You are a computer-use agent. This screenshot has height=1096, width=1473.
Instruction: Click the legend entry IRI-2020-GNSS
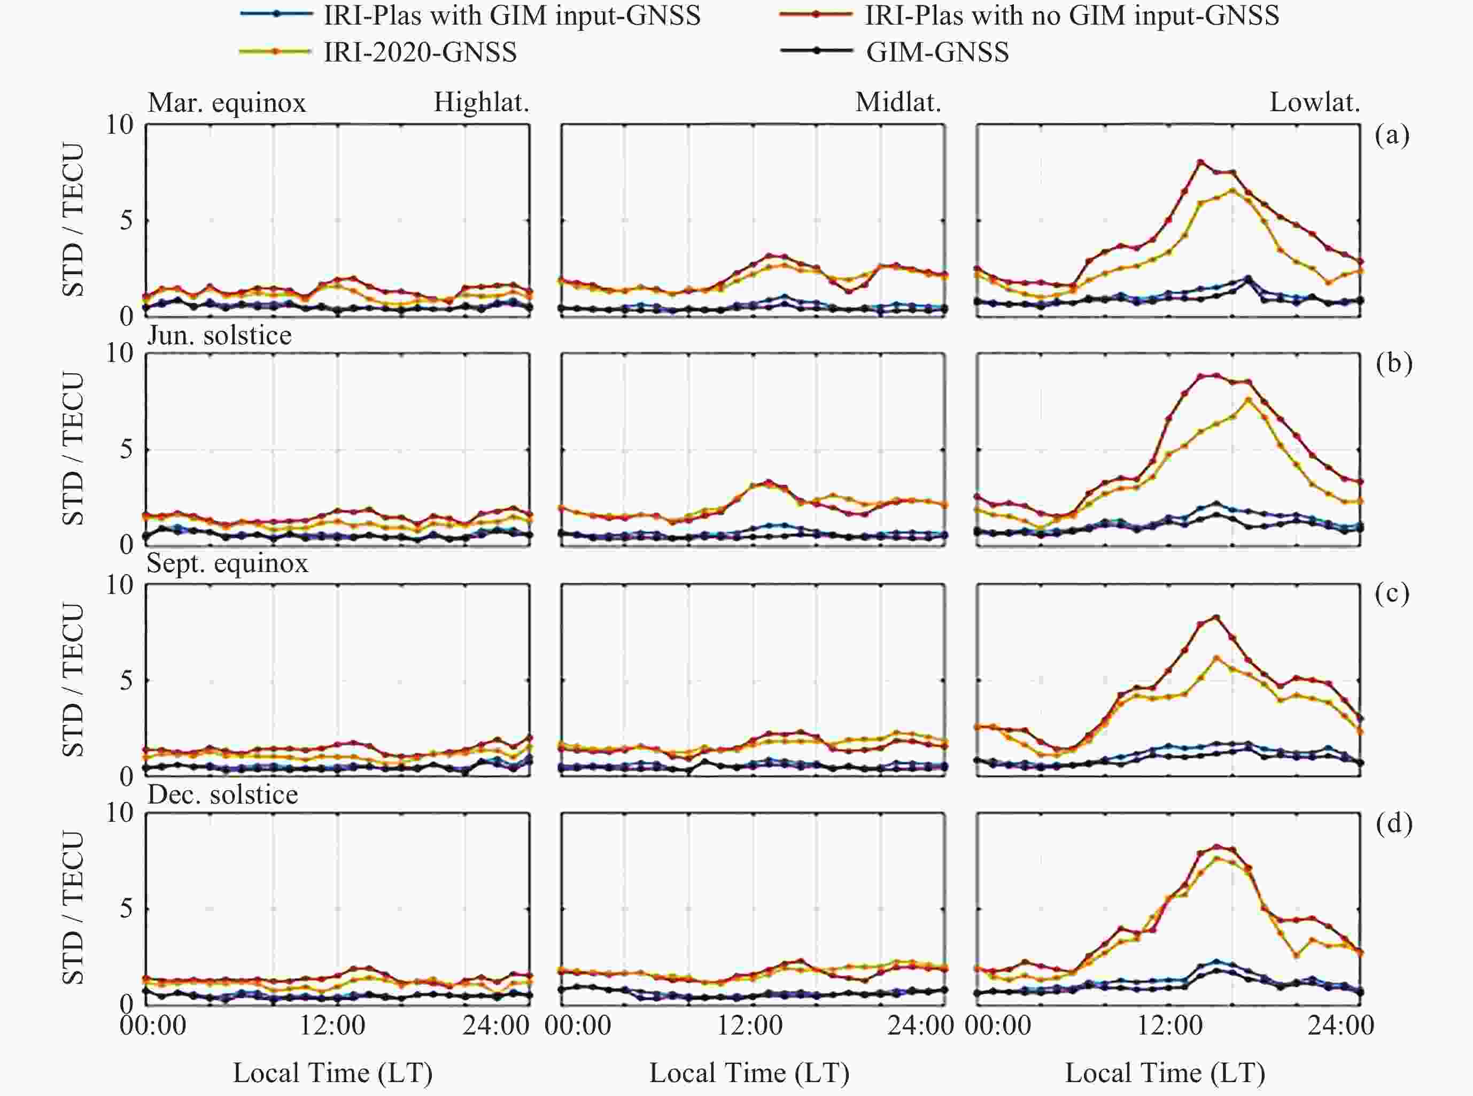420,52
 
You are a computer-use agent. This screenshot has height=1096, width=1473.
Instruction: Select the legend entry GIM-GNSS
937,52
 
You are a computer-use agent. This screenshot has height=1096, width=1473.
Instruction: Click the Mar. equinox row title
227,103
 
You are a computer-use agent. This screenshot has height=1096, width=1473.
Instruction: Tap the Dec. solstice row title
223,794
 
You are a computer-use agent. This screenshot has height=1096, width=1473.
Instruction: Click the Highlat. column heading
482,103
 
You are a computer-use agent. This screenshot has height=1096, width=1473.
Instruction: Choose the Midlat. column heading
898,103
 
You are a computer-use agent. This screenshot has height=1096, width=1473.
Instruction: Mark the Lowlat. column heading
1314,103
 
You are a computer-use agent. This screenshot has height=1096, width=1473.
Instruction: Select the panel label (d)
1393,823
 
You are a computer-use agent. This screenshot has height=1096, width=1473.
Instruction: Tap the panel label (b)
1393,363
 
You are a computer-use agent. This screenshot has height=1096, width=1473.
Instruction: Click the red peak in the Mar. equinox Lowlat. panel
1200,162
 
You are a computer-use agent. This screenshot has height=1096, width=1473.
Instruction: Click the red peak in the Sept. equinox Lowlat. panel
1216,617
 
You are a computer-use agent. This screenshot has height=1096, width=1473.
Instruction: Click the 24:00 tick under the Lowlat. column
1341,1025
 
